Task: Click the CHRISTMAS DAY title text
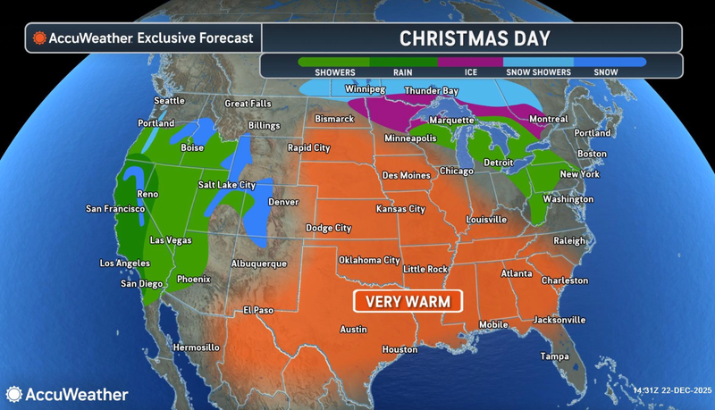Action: click(474, 38)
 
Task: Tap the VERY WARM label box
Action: click(408, 301)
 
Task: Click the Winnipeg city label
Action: click(366, 89)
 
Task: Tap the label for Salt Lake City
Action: click(227, 185)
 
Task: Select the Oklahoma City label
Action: click(368, 260)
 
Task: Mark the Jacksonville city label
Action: click(559, 319)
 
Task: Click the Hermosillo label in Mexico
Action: click(195, 347)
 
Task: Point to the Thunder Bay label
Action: click(433, 91)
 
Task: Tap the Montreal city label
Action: click(548, 119)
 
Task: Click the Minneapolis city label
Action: click(410, 139)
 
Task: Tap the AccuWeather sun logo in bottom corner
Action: click(14, 394)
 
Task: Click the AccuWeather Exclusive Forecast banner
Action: click(143, 38)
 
